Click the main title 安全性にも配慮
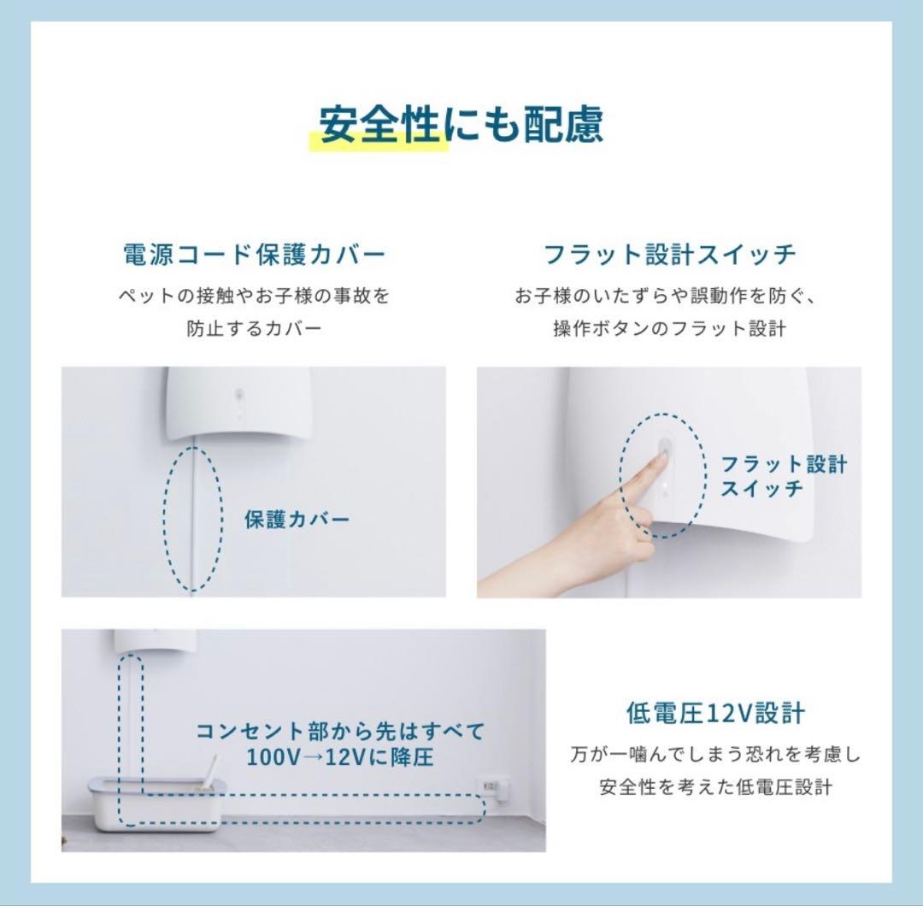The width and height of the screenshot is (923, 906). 461,125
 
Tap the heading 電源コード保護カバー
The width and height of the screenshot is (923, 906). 255,255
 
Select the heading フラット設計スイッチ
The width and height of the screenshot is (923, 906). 670,255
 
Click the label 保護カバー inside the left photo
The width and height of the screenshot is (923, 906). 297,520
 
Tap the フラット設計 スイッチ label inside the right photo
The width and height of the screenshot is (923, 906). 784,476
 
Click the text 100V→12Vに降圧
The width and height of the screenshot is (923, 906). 340,757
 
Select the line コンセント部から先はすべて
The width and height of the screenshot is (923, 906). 340,732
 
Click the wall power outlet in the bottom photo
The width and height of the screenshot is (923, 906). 493,785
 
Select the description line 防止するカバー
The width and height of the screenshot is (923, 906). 255,328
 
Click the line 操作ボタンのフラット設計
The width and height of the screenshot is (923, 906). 670,328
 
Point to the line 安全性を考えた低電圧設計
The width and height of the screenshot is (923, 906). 715,787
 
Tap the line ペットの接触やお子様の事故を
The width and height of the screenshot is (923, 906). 255,297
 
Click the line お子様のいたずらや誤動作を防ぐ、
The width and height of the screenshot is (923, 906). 670,297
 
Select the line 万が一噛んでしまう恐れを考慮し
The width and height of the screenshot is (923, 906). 715,755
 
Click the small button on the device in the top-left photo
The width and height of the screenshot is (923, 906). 239,396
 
